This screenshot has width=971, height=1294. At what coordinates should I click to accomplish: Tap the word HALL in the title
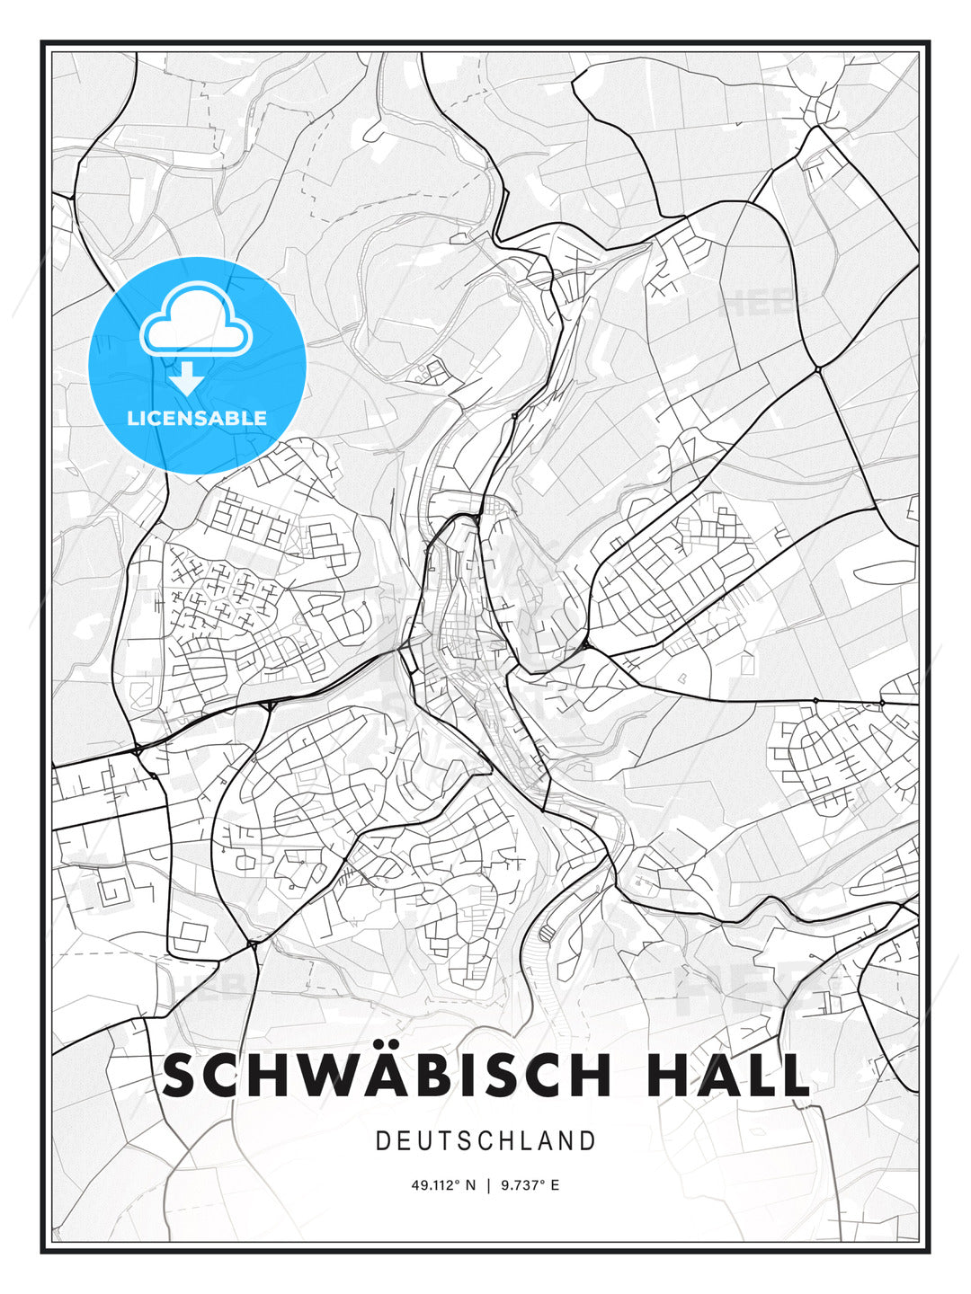pyautogui.click(x=728, y=1076)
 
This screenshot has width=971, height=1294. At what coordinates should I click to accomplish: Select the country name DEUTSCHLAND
pyautogui.click(x=485, y=1141)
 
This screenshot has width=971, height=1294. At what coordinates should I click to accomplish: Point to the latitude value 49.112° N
pyautogui.click(x=442, y=1185)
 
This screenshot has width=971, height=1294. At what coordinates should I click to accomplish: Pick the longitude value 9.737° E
pyautogui.click(x=530, y=1185)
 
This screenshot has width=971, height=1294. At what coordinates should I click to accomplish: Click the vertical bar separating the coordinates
pyautogui.click(x=488, y=1185)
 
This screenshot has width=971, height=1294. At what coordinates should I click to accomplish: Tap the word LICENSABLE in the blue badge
pyautogui.click(x=197, y=418)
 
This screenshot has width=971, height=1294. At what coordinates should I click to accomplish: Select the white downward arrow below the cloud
pyautogui.click(x=187, y=378)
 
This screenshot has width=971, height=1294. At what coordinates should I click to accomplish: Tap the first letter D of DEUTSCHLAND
pyautogui.click(x=382, y=1141)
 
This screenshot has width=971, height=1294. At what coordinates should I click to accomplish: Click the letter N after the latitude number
pyautogui.click(x=469, y=1185)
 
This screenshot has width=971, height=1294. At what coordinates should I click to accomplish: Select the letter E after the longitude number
pyautogui.click(x=555, y=1185)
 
